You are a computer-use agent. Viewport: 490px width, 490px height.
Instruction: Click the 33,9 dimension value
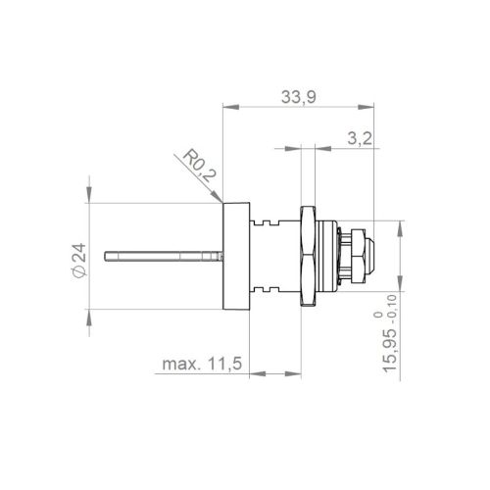coord(299,97)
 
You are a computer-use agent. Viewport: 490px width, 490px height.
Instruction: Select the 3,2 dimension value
coord(360,139)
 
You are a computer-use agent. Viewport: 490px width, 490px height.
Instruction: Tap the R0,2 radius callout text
coord(199,166)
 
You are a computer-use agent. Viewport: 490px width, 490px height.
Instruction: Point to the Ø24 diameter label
coord(78,261)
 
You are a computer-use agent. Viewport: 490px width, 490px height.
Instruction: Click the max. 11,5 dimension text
coord(202,364)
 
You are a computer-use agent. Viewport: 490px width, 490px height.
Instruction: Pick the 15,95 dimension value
coord(390,351)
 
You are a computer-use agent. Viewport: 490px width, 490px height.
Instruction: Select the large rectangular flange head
coord(236,256)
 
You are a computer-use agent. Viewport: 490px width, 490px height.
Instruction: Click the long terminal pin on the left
coord(164,256)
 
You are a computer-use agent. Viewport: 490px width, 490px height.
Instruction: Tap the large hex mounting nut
coord(308,256)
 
